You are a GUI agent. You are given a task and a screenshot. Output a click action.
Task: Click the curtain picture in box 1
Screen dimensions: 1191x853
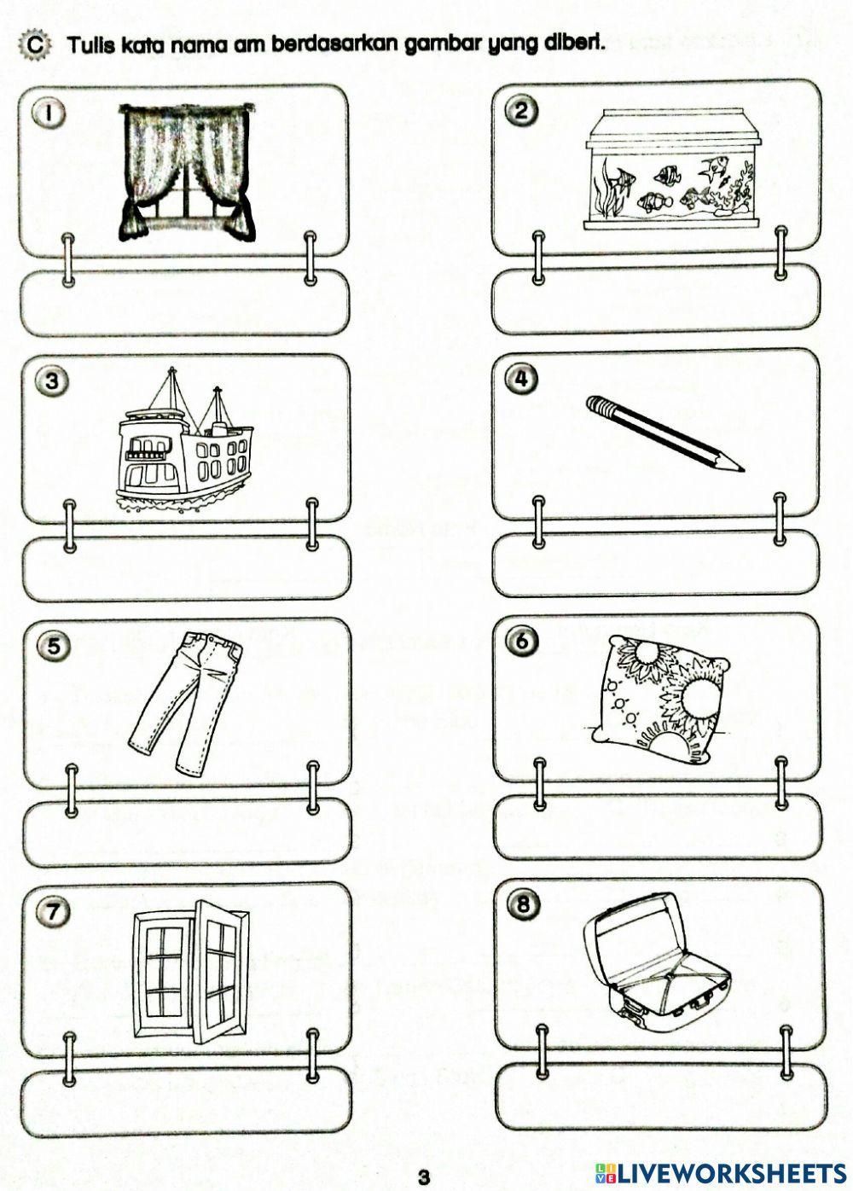[187, 170]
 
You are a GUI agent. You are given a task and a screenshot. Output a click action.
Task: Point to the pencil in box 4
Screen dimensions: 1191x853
[664, 433]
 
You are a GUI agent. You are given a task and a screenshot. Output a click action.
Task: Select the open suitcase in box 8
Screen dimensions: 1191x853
[648, 958]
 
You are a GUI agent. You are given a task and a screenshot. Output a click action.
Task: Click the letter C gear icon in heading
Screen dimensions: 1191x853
[33, 44]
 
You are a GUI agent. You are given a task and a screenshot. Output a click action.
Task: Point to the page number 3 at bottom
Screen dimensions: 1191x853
[423, 1177]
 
